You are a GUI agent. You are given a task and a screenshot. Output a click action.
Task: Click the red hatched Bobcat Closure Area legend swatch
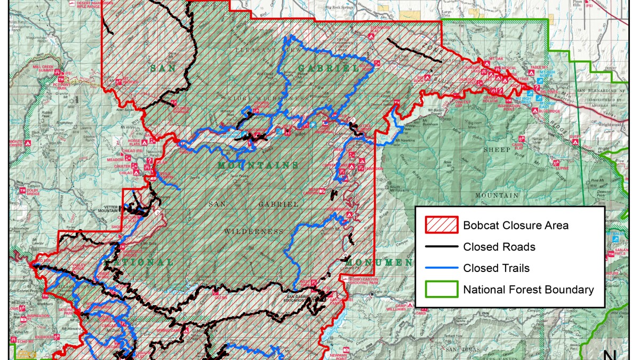(441, 225)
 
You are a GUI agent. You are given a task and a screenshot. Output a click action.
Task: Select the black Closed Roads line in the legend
(441, 247)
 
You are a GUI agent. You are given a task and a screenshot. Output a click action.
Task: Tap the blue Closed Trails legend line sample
(441, 268)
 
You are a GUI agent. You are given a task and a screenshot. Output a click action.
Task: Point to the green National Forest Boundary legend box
(441, 290)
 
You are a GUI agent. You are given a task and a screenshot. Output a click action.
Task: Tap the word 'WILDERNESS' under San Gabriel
(254, 231)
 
